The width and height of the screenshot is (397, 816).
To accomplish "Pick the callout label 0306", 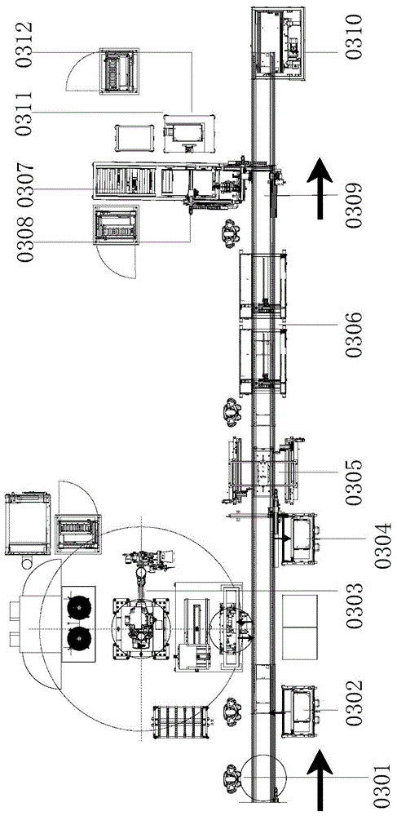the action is (355, 334).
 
